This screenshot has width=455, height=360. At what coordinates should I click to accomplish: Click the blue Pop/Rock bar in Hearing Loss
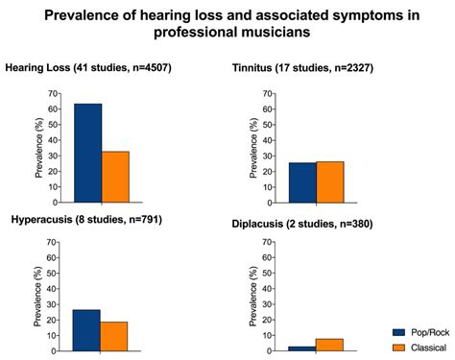pyautogui.click(x=87, y=154)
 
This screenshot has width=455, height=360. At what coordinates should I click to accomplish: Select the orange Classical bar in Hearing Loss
pyautogui.click(x=115, y=178)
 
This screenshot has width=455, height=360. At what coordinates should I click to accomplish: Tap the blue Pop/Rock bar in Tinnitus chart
pyautogui.click(x=302, y=182)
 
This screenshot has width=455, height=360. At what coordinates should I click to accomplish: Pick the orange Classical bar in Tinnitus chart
pyautogui.click(x=329, y=182)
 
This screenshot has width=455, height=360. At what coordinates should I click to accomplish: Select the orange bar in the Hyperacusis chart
pyautogui.click(x=113, y=337)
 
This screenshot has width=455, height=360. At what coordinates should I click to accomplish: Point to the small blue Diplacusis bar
pyautogui.click(x=302, y=349)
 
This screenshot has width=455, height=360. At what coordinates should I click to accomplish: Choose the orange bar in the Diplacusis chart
pyautogui.click(x=329, y=346)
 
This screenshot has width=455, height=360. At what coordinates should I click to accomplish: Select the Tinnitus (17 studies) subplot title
pyautogui.click(x=302, y=68)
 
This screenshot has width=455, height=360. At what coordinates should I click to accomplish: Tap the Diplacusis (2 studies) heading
pyautogui.click(x=302, y=224)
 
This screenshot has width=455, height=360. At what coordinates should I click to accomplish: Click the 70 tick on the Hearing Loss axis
pyautogui.click(x=54, y=94)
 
